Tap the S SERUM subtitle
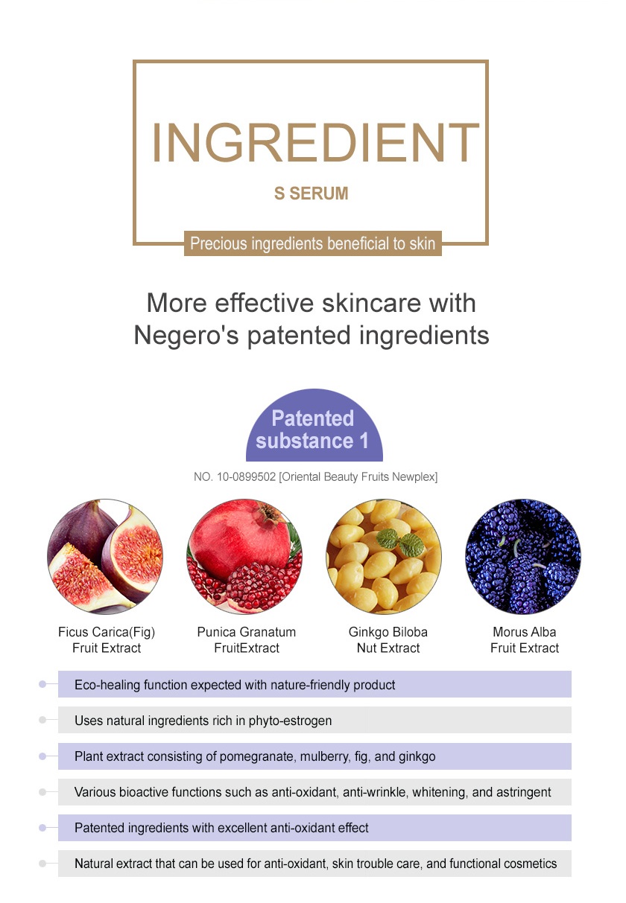point(312,193)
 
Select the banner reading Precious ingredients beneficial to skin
point(313,243)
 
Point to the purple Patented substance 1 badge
point(314,425)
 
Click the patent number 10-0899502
point(246,477)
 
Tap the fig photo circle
point(105,556)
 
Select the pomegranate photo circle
point(244,556)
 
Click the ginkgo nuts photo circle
point(384,556)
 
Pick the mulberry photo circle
point(523,556)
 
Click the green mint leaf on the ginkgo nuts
point(400,541)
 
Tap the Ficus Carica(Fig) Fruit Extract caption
point(107,639)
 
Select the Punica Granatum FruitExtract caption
point(246,639)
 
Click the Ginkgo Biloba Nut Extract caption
point(388,639)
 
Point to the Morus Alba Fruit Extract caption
point(525,639)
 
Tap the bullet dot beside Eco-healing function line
point(42,684)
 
